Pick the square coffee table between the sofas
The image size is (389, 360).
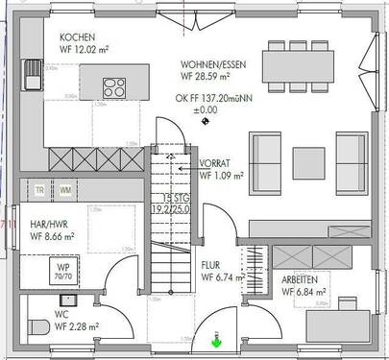pos(309,157)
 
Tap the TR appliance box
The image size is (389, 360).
pos(39,190)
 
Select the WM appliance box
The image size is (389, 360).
pos(65,190)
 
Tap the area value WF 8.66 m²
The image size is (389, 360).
pos(54,234)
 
